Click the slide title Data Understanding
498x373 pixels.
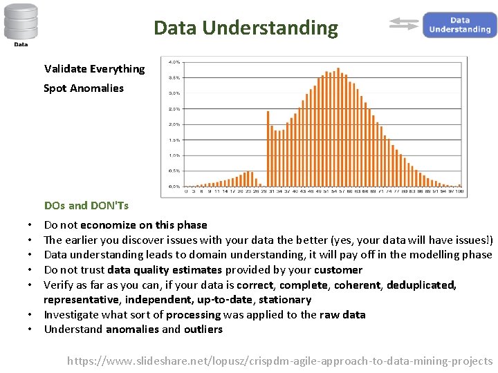click(x=246, y=28)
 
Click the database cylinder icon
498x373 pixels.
click(x=21, y=21)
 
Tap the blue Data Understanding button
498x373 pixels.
click(x=459, y=25)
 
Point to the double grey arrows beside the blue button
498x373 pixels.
click(x=404, y=25)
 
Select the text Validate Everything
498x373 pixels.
click(x=94, y=69)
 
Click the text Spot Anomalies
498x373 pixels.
click(x=84, y=88)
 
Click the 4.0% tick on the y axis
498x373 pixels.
click(x=174, y=62)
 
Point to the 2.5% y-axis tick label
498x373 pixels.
click(x=174, y=109)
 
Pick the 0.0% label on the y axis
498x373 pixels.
click(x=174, y=186)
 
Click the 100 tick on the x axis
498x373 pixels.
click(x=459, y=191)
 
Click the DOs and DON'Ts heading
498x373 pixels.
click(x=86, y=205)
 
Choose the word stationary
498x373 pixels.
click(x=285, y=300)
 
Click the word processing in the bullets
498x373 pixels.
click(x=193, y=315)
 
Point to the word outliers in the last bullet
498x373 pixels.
click(x=203, y=329)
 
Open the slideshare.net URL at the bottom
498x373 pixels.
click(x=279, y=361)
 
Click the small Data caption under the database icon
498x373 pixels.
click(x=21, y=45)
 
